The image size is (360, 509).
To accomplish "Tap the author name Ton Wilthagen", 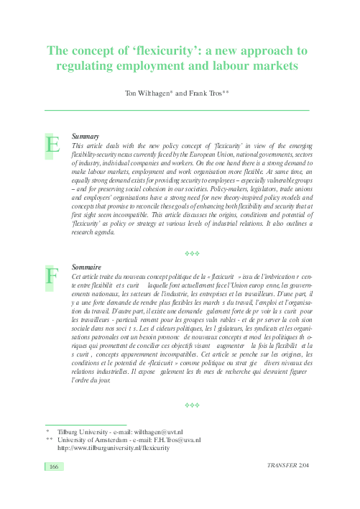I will (x=149, y=93).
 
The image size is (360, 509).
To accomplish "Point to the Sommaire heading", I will (x=87, y=267).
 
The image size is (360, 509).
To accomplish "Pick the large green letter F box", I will (x=52, y=275).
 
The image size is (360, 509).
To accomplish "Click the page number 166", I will (x=53, y=467).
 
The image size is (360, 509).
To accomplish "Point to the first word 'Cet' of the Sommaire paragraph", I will (x=78, y=276).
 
